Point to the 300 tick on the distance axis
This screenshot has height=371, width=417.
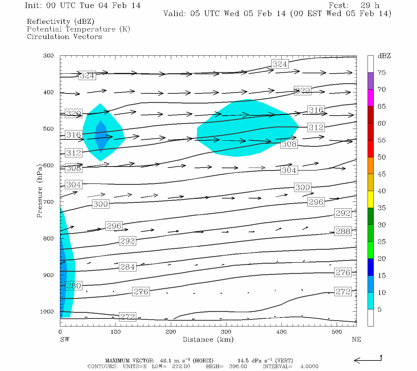point(226,332)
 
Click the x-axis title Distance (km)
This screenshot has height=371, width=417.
point(208,339)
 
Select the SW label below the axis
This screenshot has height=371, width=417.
point(65,339)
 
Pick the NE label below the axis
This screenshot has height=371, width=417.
point(356,339)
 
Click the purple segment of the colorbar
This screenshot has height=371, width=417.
point(370,81)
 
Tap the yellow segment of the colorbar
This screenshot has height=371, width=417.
point(370,199)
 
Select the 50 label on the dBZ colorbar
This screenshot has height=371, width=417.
point(381,157)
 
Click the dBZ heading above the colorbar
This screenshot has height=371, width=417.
point(384,56)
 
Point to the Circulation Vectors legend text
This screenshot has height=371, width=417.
point(64,37)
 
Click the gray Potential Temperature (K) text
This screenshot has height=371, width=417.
point(78,29)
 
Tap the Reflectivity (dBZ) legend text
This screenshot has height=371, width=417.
point(61,22)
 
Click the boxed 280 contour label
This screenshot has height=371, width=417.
point(74,286)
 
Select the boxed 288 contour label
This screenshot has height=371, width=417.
point(343,231)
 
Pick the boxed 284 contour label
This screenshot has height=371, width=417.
point(127,267)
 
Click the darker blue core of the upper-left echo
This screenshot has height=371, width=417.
point(101,136)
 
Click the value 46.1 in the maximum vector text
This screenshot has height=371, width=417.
point(166,360)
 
